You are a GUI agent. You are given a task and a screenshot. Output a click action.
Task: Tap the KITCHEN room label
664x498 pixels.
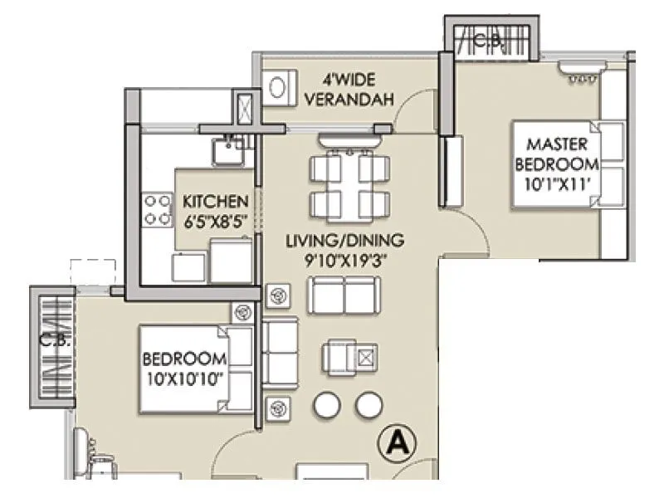(215, 202)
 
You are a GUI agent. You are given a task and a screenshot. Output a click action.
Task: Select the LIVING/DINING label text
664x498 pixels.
(344, 241)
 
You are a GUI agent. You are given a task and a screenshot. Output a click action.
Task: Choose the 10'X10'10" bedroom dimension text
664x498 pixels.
(184, 378)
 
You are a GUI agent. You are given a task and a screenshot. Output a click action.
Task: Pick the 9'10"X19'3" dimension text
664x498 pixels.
(344, 260)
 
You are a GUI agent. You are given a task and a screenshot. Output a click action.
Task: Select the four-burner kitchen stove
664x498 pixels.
(154, 210)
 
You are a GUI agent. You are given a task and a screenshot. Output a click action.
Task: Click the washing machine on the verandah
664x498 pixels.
(279, 86)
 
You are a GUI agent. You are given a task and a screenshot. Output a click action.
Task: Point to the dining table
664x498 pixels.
(349, 184)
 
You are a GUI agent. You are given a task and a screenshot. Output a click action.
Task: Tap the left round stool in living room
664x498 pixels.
(328, 406)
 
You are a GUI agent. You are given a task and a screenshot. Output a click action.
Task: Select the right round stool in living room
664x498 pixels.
(369, 406)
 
